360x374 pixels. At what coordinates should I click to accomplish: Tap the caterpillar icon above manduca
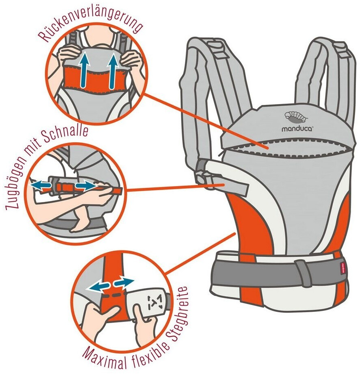(x=296, y=117)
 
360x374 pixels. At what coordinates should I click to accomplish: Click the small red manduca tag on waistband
(x=343, y=269)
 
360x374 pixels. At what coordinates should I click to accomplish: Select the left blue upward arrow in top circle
(x=84, y=71)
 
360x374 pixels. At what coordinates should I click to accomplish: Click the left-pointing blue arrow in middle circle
(x=40, y=185)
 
